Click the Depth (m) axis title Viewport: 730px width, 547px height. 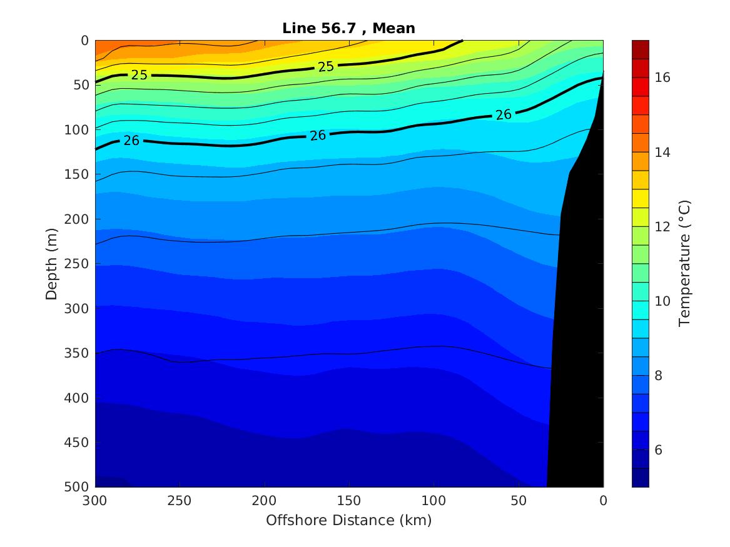(x=52, y=263)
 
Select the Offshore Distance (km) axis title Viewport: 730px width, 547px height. (x=348, y=520)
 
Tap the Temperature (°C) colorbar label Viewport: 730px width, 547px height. (x=684, y=263)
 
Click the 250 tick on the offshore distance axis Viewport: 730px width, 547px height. (x=180, y=501)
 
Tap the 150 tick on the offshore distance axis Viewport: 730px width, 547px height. (x=349, y=501)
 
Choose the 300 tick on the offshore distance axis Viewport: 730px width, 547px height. (x=95, y=501)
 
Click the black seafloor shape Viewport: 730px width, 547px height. (x=579, y=313)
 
